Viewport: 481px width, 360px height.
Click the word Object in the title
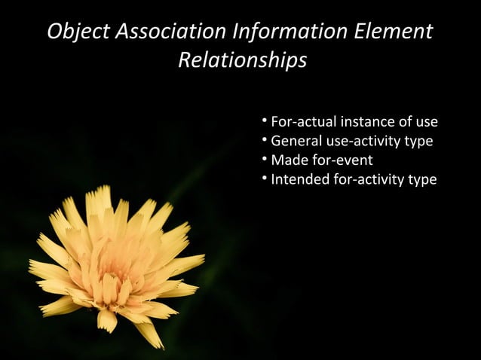[x=78, y=32]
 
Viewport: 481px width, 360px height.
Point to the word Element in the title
[x=397, y=32]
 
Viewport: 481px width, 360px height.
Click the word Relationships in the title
[x=242, y=60]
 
